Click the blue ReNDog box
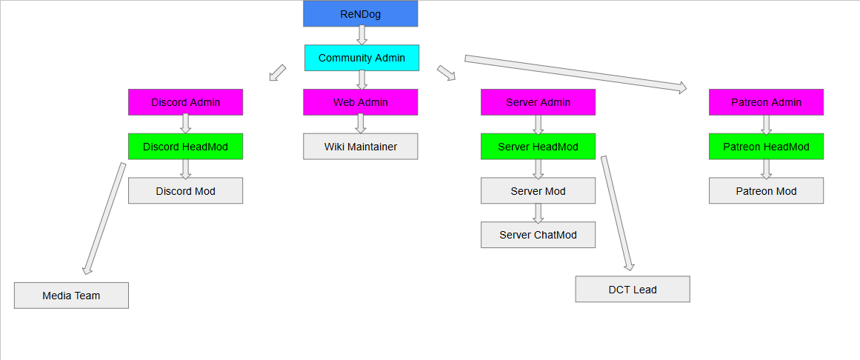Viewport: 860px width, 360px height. coord(360,13)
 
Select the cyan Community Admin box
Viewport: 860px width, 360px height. coord(361,58)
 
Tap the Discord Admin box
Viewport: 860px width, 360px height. coord(185,102)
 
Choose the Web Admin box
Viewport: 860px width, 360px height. coord(360,102)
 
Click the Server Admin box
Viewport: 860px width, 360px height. coord(538,102)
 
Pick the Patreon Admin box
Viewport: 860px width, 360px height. coord(766,102)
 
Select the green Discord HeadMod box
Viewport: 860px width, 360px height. coord(185,147)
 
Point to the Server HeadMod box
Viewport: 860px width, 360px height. coord(538,147)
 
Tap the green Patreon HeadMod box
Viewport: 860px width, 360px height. coord(766,147)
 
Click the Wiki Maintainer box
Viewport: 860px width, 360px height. coord(360,147)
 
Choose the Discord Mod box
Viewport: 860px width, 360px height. coord(185,191)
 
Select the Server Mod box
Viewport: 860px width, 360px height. coord(538,191)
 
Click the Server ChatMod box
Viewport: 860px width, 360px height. coord(538,235)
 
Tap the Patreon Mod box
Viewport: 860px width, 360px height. coord(766,191)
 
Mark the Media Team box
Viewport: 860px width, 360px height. coord(71,296)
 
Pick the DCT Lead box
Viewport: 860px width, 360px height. coord(633,290)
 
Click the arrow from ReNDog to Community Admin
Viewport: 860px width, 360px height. coord(361,35)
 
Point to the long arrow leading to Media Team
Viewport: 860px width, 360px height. coord(104,218)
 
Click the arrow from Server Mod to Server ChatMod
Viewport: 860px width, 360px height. coord(539,213)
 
